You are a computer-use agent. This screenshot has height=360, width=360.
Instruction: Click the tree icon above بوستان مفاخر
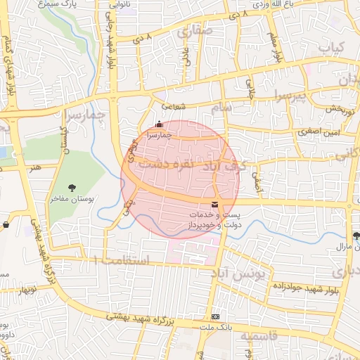72,187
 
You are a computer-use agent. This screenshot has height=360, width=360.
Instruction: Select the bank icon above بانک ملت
215,316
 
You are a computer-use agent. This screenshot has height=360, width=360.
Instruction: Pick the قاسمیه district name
259,337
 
